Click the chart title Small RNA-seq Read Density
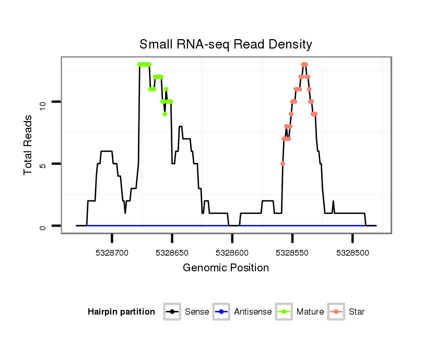pos(226,44)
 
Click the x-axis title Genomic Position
pos(226,268)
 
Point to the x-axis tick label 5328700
pos(112,252)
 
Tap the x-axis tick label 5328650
pos(172,252)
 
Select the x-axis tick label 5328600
pos(232,252)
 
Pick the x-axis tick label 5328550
pos(292,252)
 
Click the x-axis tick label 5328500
pos(352,252)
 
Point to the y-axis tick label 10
pos(44,102)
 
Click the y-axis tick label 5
pos(44,164)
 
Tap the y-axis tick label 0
pos(44,226)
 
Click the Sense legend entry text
pos(197,312)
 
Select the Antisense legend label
pos(253,312)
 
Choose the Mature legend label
pos(310,312)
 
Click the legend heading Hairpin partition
pos(121,312)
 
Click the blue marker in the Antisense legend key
pos(221,312)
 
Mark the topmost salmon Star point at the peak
pos(304,64)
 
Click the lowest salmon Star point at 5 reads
pos(283,164)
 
